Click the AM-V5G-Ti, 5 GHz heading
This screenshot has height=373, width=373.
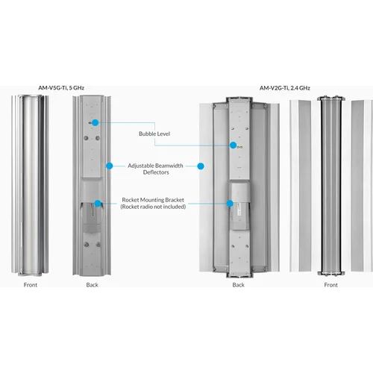click(62, 87)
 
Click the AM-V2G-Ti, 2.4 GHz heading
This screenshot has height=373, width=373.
click(286, 87)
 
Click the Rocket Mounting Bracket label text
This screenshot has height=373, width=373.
click(154, 200)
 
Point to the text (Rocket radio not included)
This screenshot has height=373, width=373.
click(154, 207)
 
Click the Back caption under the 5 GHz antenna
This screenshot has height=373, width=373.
click(92, 285)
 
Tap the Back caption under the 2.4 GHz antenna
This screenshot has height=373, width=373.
click(238, 285)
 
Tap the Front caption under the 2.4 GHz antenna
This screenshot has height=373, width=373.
click(330, 285)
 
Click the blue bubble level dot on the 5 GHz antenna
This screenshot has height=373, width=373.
click(97, 121)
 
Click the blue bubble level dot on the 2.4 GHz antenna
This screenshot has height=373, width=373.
click(233, 145)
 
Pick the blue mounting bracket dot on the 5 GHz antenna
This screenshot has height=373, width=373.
click(98, 201)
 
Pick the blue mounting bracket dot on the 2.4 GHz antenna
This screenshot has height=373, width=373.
click(229, 202)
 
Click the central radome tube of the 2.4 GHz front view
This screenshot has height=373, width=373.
click(330, 186)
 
